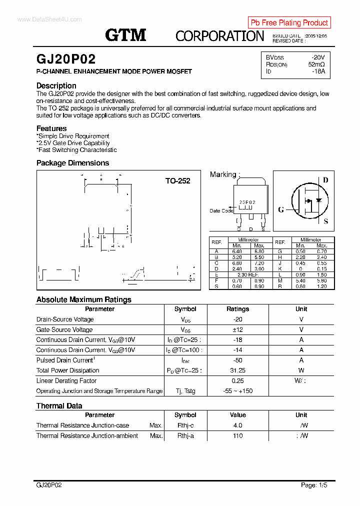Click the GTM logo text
125,34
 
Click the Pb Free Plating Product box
289,22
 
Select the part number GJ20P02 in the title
65,58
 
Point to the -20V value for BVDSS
317,57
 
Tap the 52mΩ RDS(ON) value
316,64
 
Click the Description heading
56,85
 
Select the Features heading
51,128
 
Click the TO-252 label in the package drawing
177,181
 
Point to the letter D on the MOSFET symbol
325,180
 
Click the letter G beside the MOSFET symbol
281,209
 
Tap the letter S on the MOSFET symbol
326,221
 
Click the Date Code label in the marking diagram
221,210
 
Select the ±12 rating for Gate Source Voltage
237,329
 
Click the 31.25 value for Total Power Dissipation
237,370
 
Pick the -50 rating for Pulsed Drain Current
237,360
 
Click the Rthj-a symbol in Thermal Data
185,435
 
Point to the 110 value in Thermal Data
237,435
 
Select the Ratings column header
237,309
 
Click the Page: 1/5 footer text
314,485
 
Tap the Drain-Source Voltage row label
65,319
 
